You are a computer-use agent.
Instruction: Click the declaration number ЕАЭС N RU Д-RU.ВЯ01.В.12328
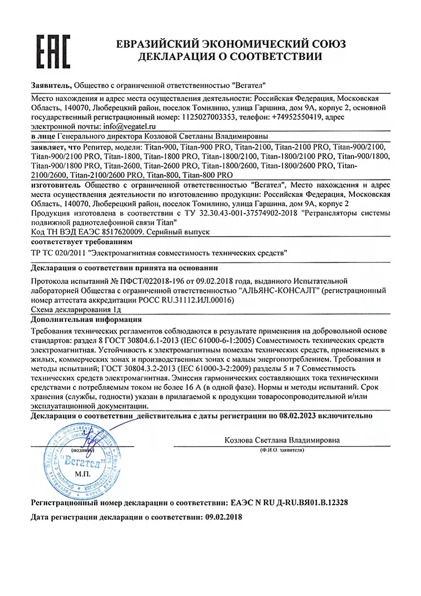pyautogui.click(x=289, y=502)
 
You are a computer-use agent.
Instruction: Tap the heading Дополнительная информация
pyautogui.click(x=86, y=320)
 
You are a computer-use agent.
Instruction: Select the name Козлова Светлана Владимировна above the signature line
pyautogui.click(x=282, y=440)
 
